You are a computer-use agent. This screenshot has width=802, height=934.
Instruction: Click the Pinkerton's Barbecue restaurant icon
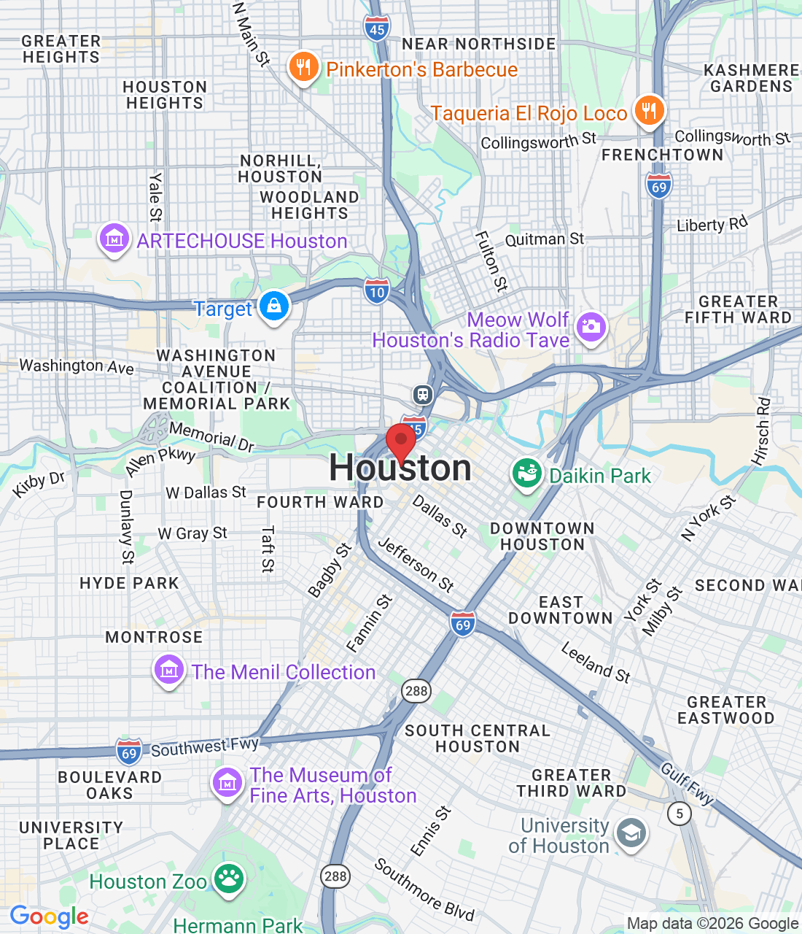(303, 68)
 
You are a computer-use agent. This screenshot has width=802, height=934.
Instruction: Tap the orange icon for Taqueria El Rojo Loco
(648, 111)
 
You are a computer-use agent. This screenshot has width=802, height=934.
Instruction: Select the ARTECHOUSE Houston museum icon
(114, 239)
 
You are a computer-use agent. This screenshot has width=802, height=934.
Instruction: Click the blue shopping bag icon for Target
(274, 306)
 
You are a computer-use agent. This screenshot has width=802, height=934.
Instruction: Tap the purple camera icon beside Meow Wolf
(591, 327)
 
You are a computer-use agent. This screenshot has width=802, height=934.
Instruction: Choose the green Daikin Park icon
(526, 474)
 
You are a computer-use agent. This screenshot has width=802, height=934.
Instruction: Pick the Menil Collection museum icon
(168, 670)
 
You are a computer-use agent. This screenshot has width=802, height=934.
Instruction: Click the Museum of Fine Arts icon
(227, 783)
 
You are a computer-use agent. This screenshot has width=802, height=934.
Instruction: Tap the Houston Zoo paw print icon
(229, 879)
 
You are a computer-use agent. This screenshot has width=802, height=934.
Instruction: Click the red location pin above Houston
(400, 442)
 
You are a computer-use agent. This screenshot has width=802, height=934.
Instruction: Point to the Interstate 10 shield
(376, 291)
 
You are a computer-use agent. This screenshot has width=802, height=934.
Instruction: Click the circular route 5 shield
(680, 813)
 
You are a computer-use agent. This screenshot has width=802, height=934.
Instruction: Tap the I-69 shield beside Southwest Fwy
(129, 752)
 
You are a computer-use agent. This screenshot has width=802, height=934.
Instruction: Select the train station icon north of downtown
(423, 395)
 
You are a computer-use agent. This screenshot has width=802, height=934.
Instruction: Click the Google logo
(50, 916)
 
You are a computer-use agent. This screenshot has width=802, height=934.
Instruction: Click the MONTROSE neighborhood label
(154, 637)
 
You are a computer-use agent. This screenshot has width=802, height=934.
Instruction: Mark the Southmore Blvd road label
(424, 889)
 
